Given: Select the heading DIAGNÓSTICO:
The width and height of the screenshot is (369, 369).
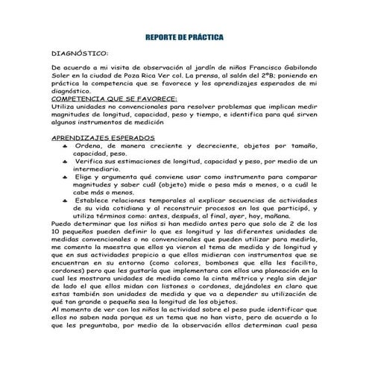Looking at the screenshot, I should tap(78, 54).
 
